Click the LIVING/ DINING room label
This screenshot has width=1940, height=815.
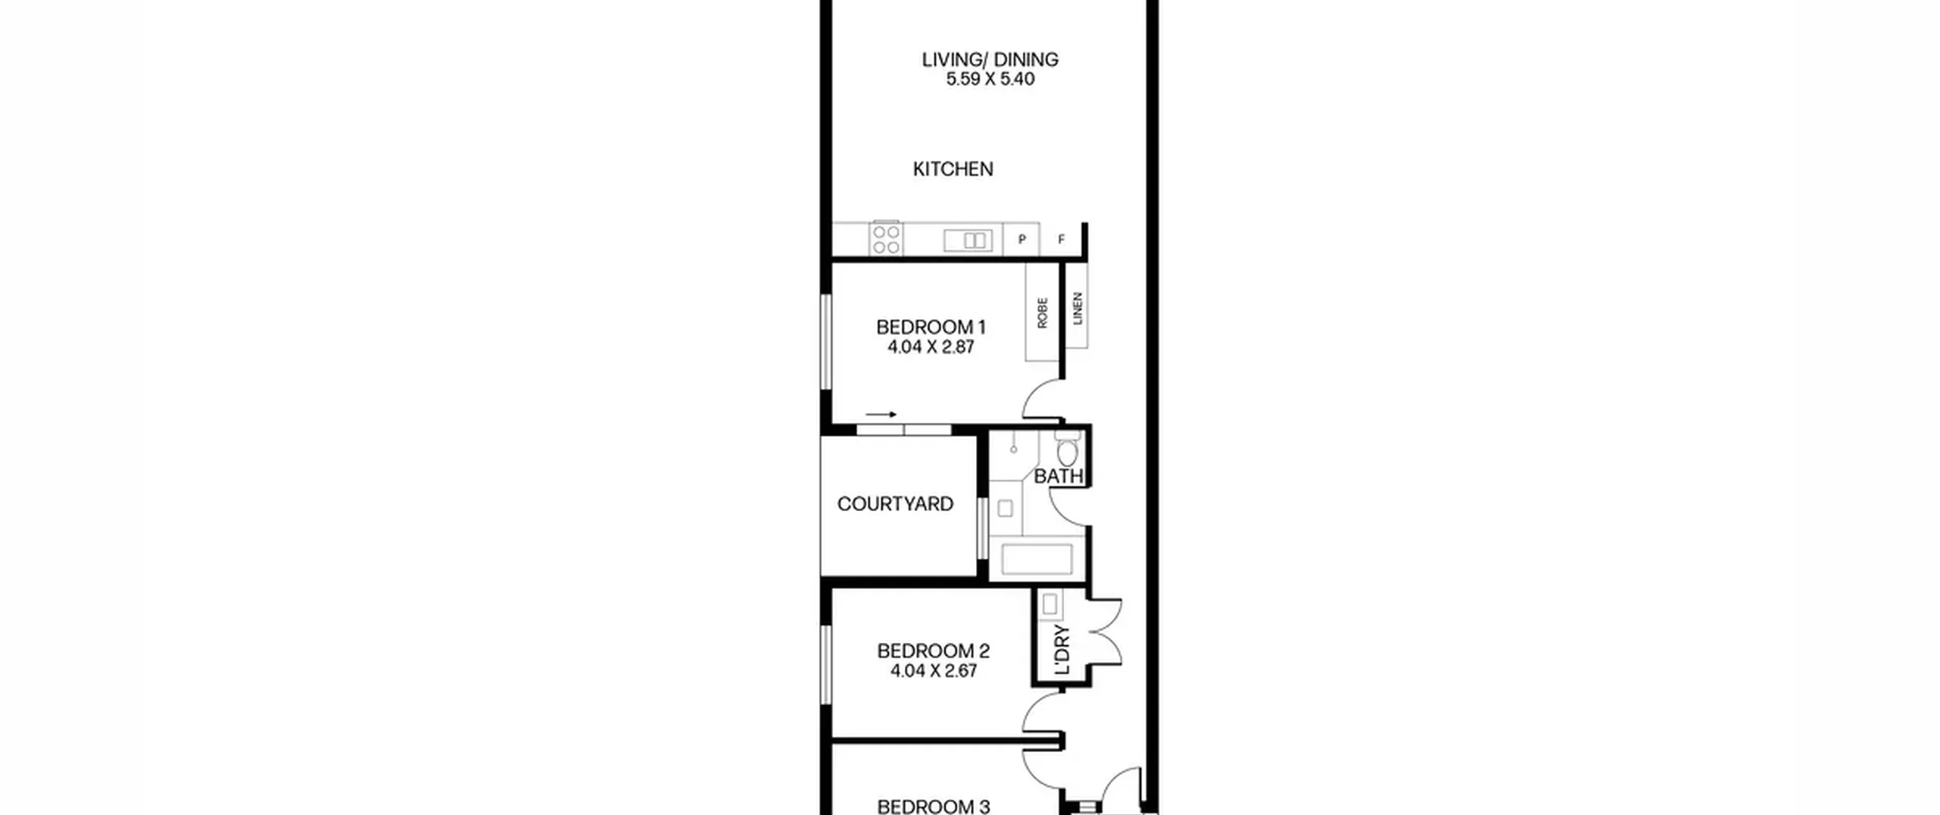[990, 59]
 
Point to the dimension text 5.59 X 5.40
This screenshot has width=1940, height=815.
[990, 79]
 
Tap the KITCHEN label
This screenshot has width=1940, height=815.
[953, 169]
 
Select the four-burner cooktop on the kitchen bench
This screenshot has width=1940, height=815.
[886, 238]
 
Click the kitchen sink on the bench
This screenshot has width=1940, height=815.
[968, 240]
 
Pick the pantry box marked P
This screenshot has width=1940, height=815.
[1022, 240]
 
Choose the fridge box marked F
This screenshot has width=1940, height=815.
[1061, 240]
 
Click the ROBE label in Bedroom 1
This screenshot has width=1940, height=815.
[1042, 312]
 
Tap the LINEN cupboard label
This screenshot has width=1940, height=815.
[1078, 309]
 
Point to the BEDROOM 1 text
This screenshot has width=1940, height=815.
[931, 328]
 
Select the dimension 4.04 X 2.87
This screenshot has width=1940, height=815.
[931, 347]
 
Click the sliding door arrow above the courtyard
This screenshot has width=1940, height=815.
[881, 415]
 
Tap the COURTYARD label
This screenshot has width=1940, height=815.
[895, 504]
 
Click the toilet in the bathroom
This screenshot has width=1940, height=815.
[1068, 449]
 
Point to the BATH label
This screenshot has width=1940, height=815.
[1059, 477]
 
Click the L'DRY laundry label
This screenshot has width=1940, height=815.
[1062, 650]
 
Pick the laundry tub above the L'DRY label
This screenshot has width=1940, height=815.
[1050, 604]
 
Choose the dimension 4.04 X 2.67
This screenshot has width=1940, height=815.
[934, 671]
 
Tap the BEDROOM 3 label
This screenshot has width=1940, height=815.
[934, 807]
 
